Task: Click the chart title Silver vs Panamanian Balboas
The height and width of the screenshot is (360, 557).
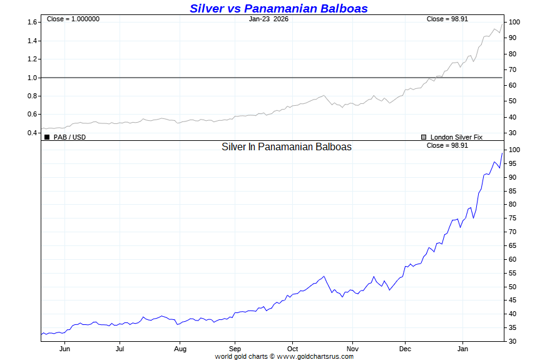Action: pos(278,9)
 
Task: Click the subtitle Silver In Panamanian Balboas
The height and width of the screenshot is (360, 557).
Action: pos(287,147)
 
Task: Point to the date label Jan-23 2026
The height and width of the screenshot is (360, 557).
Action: pos(268,19)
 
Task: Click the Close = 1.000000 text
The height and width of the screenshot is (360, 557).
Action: pos(73,19)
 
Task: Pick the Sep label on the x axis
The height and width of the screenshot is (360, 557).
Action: pos(235,349)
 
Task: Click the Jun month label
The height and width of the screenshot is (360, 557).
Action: pos(64,349)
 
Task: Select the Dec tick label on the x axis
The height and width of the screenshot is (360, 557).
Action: pos(405,349)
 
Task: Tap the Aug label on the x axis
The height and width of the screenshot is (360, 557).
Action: pos(180,349)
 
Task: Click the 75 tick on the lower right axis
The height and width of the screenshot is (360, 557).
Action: pos(513,218)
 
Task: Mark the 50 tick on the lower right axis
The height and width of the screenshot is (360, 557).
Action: pos(513,287)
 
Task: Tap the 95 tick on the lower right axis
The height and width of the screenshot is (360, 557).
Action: pos(513,163)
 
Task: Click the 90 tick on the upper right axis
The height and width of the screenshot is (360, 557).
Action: pos(513,38)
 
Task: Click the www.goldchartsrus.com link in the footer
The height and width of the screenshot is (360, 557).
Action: pos(315,356)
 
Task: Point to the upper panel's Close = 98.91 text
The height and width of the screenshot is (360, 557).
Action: pos(447,19)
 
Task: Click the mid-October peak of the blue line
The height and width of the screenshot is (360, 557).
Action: pos(324,276)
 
